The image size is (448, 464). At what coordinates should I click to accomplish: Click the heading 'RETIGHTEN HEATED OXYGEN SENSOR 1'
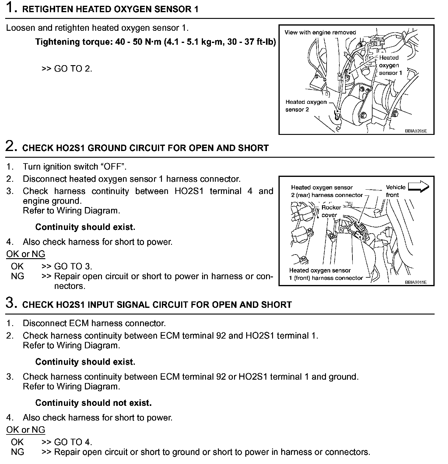[110, 9]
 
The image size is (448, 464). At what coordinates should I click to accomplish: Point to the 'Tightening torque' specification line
[156, 42]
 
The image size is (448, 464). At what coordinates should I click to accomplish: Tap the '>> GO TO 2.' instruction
[67, 69]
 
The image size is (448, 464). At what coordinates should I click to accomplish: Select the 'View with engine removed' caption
[320, 33]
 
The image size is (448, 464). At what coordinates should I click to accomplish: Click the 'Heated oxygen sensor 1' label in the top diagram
[390, 65]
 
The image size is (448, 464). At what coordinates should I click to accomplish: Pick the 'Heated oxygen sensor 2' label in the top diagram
[306, 106]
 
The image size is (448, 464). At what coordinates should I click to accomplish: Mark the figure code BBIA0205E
[416, 131]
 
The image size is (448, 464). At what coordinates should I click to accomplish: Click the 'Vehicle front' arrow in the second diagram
[418, 187]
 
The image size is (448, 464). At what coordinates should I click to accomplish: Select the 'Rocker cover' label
[331, 211]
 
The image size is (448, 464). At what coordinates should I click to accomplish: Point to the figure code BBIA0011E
[416, 282]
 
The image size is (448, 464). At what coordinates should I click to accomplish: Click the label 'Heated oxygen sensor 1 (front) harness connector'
[326, 274]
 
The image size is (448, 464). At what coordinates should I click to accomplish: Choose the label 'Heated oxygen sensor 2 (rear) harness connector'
[327, 191]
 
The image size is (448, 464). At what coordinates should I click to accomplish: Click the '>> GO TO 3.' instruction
[67, 266]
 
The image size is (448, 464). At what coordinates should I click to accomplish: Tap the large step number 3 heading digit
[11, 303]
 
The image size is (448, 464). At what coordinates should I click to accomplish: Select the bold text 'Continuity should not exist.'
[93, 403]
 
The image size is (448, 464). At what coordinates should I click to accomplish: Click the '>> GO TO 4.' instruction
[67, 442]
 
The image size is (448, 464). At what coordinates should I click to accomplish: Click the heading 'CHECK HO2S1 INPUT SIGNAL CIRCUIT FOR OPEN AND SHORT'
[157, 305]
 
